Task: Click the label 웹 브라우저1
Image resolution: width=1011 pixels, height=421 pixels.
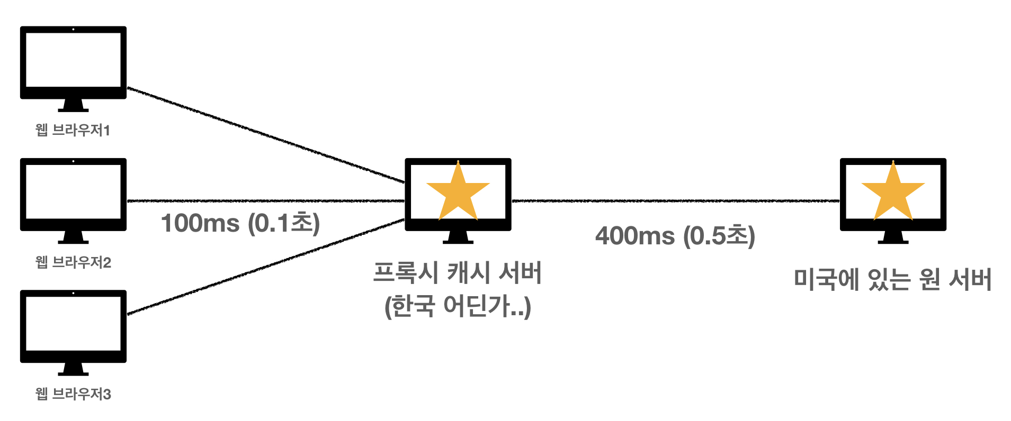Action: click(x=73, y=130)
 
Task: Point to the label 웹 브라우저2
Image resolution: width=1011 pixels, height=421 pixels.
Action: click(x=73, y=262)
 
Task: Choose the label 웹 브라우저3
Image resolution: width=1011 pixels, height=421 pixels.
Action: click(x=73, y=394)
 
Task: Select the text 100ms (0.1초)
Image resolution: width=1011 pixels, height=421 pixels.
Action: click(x=240, y=223)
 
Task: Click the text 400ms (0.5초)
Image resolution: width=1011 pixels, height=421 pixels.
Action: click(x=675, y=236)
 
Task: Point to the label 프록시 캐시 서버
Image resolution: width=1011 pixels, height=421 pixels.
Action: click(x=458, y=273)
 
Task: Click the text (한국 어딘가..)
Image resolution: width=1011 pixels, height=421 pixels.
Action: click(x=458, y=306)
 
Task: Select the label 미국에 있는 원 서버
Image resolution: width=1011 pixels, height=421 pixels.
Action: click(x=892, y=279)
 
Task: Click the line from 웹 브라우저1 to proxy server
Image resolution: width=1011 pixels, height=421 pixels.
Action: click(x=265, y=135)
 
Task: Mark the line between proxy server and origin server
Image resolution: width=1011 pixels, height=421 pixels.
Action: click(x=675, y=201)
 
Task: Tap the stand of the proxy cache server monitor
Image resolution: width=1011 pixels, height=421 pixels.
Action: click(x=458, y=237)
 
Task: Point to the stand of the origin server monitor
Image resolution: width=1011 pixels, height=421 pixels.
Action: click(x=893, y=237)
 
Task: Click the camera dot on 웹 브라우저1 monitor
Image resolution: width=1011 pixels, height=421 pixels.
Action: click(x=73, y=30)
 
